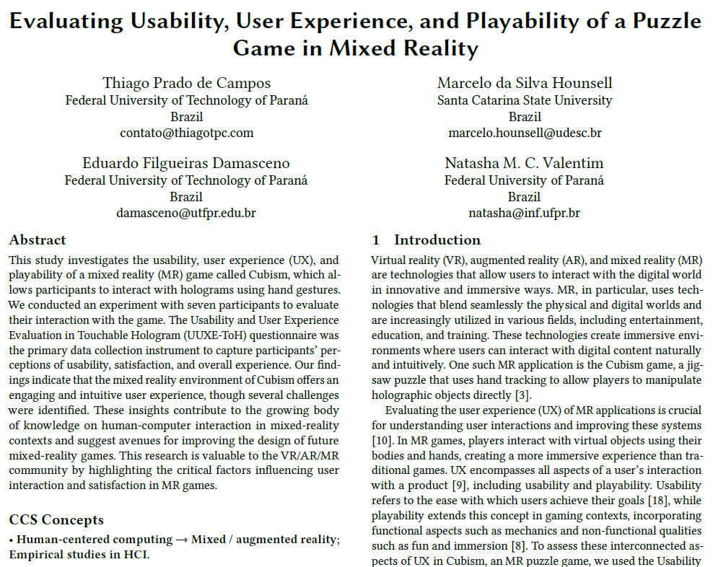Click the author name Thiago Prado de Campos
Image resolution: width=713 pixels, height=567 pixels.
click(x=186, y=83)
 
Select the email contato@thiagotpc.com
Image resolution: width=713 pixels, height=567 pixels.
click(x=186, y=133)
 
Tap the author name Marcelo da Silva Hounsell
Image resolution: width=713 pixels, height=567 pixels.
click(x=525, y=83)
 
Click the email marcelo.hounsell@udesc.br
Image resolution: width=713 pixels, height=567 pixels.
click(x=525, y=133)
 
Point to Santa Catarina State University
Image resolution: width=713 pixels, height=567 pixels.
click(x=525, y=100)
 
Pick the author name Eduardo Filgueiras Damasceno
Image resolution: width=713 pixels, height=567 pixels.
click(x=186, y=162)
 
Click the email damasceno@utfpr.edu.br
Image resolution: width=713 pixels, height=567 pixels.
click(x=186, y=213)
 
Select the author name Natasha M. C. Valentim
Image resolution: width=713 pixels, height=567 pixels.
click(x=525, y=162)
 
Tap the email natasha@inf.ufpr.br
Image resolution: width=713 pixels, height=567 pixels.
click(x=525, y=213)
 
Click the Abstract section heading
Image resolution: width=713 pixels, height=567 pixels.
click(x=38, y=240)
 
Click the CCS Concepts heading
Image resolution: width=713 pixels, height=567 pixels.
click(x=56, y=519)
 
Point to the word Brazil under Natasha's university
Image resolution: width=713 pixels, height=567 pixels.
click(x=525, y=196)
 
